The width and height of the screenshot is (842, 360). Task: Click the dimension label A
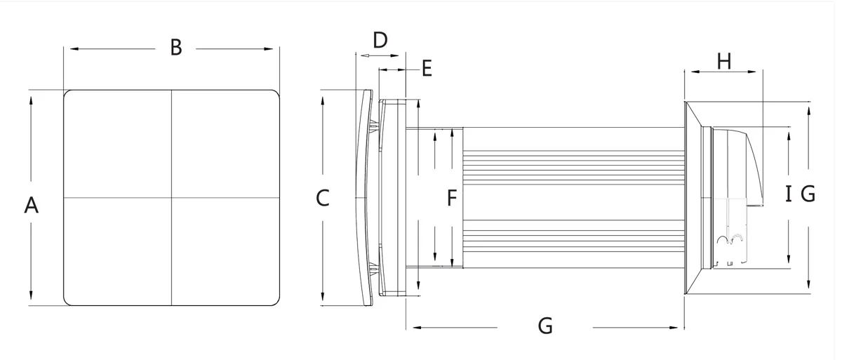(32, 205)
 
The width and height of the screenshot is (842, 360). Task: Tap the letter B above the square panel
(176, 48)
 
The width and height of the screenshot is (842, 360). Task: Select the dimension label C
(323, 198)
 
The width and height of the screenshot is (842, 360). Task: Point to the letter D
(380, 40)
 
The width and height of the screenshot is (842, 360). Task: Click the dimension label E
(427, 68)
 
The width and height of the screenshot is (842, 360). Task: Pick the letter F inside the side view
(452, 198)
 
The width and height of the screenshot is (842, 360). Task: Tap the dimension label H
(724, 61)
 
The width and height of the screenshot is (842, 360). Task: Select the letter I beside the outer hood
(789, 194)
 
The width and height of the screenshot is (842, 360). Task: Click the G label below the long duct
(545, 326)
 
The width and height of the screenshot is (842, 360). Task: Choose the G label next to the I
(808, 194)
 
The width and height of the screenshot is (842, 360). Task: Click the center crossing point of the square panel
(171, 198)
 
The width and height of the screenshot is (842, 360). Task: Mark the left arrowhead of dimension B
(74, 49)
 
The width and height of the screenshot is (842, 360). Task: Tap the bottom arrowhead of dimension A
(31, 295)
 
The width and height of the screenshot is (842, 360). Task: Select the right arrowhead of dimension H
(751, 72)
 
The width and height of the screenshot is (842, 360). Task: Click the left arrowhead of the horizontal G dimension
(417, 328)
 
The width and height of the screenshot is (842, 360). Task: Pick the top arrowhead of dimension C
(323, 101)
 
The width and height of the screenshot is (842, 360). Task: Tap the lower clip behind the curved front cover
(374, 269)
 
